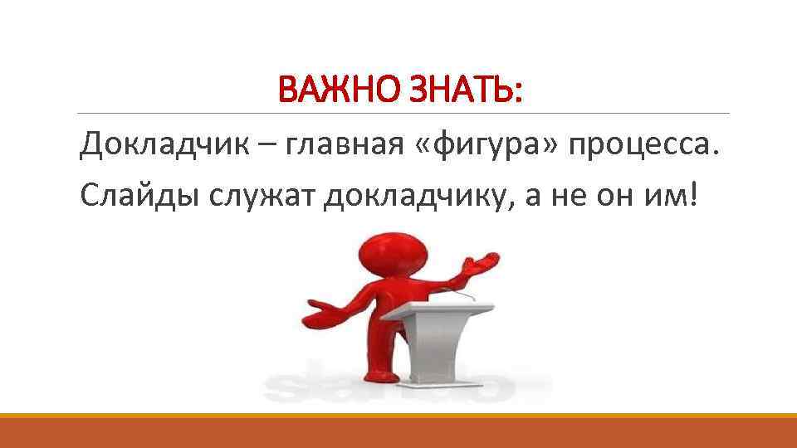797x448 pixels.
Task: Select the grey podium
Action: click(438, 340)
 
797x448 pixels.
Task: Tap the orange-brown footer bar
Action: click(398, 432)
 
